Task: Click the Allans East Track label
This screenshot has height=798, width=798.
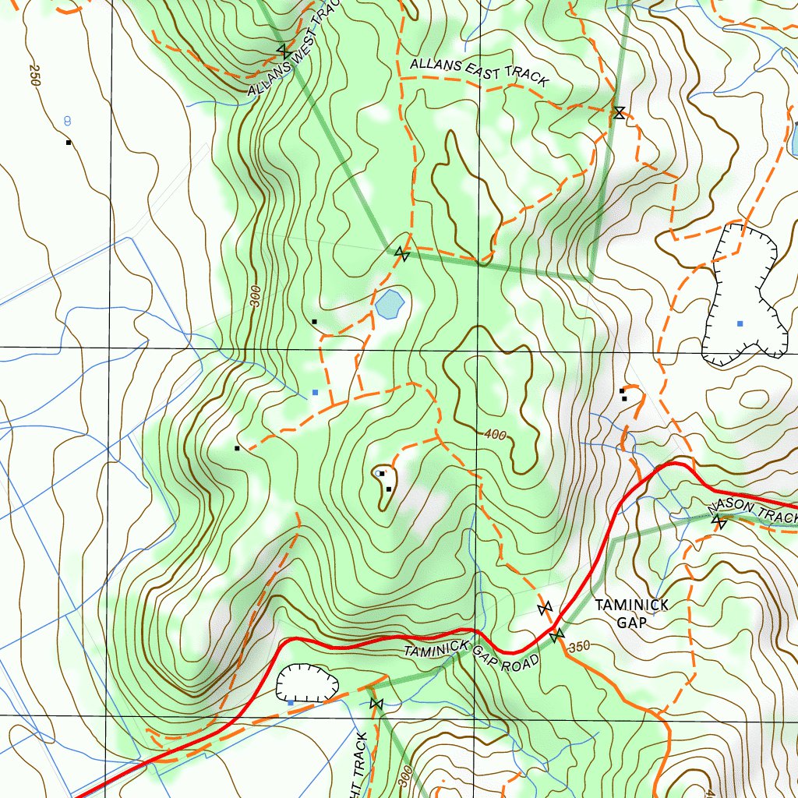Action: pos(478,71)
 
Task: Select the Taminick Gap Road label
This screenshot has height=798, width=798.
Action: pos(471,656)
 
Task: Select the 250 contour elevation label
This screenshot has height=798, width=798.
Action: pos(33,75)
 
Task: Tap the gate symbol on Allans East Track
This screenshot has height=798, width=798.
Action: pos(618,113)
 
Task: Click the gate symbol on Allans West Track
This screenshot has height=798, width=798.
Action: pos(284,51)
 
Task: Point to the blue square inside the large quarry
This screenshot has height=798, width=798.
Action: pos(740,323)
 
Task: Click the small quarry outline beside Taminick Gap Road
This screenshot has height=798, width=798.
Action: pos(307,683)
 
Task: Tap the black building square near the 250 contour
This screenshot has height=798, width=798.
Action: pos(69,143)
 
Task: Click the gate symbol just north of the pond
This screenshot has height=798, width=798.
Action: pos(401,253)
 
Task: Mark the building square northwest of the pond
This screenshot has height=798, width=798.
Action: pos(314,321)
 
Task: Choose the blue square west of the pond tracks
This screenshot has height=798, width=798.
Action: pos(315,392)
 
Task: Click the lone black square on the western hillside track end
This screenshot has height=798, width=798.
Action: pos(236,448)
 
